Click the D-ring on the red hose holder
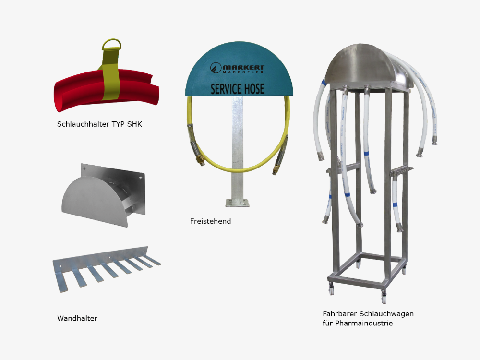[112, 40]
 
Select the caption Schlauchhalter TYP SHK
[99, 124]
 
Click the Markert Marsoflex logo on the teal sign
[237, 68]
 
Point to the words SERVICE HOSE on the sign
[238, 89]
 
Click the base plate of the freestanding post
[237, 203]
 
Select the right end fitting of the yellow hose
[275, 170]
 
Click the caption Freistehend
[210, 221]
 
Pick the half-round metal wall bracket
[104, 195]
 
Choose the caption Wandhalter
[77, 318]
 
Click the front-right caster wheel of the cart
[384, 297]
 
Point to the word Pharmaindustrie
[364, 323]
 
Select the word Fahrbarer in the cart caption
[340, 314]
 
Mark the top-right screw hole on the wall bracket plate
[141, 178]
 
